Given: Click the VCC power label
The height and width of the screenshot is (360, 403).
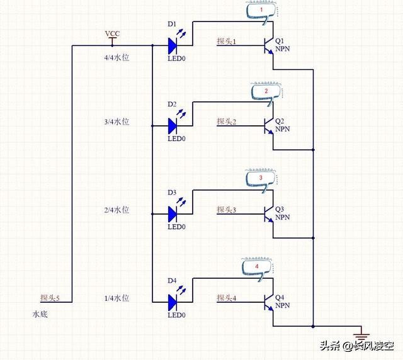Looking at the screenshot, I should (112, 33).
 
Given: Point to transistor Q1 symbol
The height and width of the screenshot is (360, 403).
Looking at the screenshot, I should (269, 45).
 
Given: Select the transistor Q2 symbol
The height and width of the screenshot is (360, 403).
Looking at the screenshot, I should (269, 125).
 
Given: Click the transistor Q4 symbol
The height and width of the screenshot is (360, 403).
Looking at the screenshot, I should (269, 301).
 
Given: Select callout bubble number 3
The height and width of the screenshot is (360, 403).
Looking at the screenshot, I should (260, 179).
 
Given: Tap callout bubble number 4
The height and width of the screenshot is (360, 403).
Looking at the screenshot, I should (256, 267).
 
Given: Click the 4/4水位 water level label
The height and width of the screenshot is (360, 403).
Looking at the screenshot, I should (116, 57).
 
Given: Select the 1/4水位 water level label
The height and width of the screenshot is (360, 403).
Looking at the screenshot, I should (116, 298).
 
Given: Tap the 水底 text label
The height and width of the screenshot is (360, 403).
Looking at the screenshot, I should (40, 313).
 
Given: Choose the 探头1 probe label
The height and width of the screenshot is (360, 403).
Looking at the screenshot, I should (226, 42).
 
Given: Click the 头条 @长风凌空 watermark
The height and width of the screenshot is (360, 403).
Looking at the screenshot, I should (356, 346).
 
